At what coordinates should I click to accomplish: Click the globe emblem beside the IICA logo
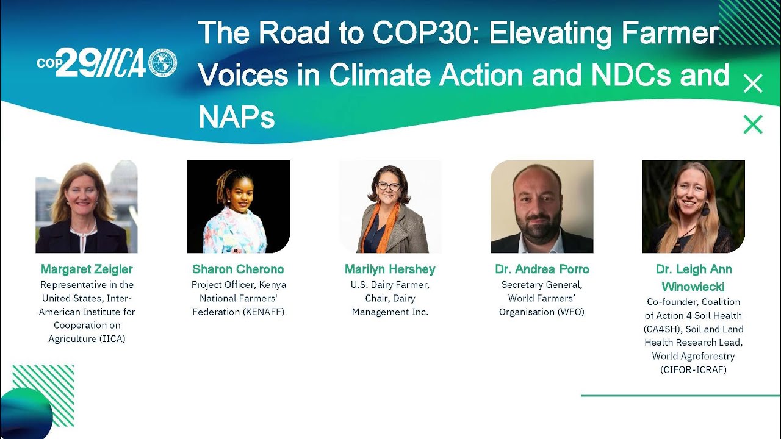pos(162,63)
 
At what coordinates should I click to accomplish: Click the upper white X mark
pos(753,84)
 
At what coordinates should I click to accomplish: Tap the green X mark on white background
pos(753,124)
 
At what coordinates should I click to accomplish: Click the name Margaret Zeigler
pos(87,269)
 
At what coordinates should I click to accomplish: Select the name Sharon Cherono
pos(238,269)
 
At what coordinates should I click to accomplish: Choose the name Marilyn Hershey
pos(390,269)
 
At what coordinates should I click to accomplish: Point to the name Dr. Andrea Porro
pos(542,269)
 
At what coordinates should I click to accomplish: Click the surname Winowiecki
pos(693,286)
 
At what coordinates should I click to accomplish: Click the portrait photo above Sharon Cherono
pos(238,206)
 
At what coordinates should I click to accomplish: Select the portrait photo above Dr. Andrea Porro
pos(542,206)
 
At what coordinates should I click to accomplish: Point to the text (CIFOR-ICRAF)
pos(693,369)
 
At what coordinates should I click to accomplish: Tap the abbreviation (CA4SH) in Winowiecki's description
pos(660,329)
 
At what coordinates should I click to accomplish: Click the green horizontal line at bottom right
pos(680,396)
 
